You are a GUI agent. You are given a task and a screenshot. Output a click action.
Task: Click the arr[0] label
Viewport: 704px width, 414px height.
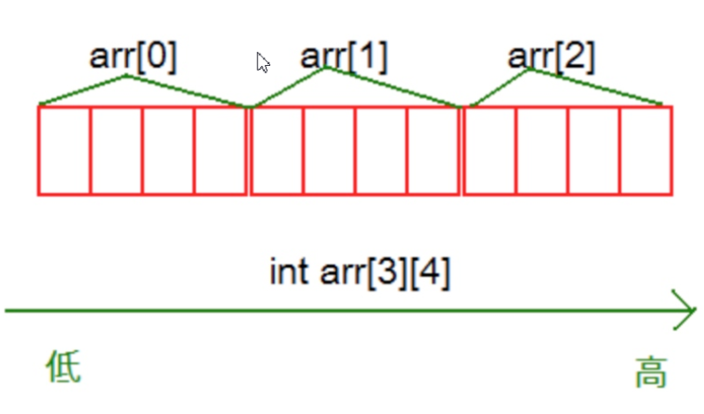133,57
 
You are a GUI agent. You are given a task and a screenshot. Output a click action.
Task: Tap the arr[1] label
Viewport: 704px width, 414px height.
345,57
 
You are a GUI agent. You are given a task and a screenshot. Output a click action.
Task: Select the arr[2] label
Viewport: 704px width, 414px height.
552,57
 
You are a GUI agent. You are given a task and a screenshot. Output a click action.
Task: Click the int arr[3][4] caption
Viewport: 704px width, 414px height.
360,274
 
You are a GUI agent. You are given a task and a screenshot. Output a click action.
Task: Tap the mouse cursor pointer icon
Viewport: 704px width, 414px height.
263,62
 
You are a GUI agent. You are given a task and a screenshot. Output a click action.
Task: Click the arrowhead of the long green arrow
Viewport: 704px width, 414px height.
685,311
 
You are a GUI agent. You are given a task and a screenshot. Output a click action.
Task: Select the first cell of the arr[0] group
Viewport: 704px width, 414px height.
64,150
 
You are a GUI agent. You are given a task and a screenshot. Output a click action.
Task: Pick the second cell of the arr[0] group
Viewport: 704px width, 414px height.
116,150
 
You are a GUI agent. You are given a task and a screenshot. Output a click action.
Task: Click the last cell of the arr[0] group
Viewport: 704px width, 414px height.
221,150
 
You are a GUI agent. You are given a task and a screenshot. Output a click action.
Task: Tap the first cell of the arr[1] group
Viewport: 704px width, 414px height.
277,150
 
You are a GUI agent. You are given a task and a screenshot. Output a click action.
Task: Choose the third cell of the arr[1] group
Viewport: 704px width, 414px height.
381,150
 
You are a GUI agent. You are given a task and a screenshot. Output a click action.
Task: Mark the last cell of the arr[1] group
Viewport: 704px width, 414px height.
434,150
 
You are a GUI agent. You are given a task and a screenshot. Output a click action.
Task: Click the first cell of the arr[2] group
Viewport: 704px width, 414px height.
489,150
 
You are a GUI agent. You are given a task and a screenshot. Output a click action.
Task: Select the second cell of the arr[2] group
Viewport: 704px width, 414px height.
541,150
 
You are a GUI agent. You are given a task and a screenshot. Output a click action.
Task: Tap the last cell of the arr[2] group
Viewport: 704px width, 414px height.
646,150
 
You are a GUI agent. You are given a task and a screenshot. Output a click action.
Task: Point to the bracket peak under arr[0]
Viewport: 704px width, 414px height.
127,76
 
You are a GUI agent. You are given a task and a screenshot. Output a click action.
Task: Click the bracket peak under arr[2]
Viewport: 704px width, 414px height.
530,70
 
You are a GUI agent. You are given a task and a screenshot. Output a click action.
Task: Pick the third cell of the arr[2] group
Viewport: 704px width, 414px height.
594,150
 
